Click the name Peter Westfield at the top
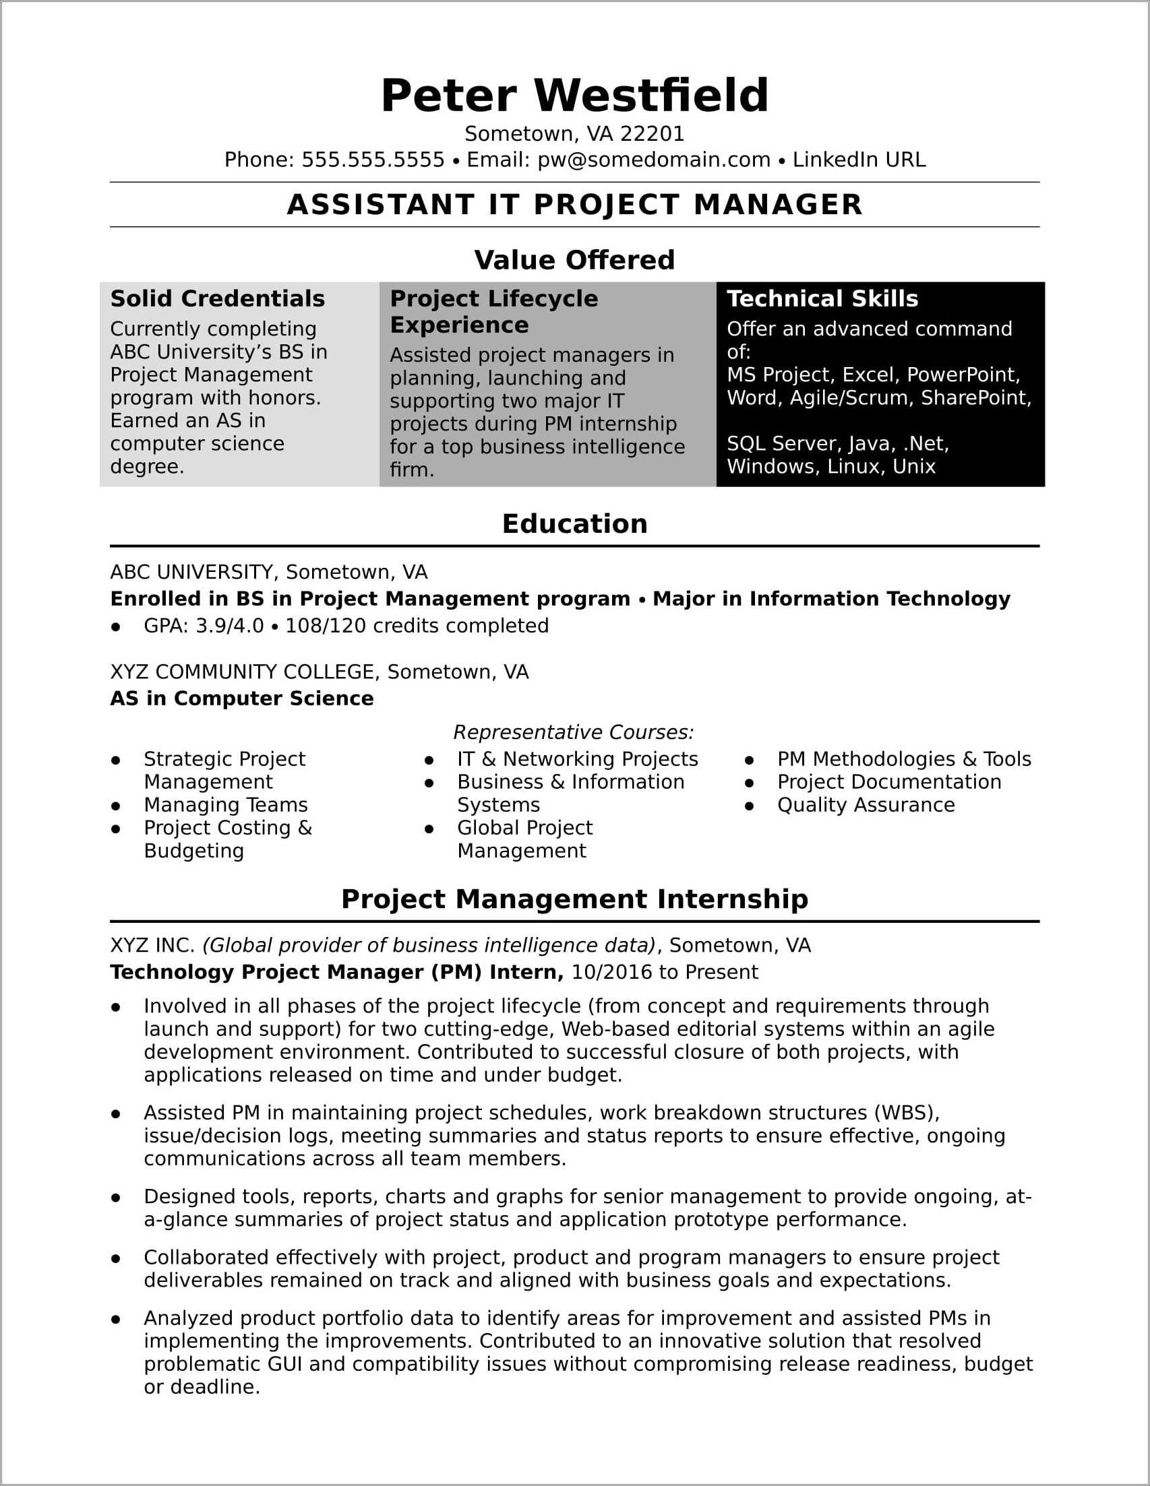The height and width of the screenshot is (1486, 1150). coord(574,95)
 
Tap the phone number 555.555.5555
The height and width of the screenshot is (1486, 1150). coord(373,160)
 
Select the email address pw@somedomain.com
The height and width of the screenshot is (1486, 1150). coord(654,160)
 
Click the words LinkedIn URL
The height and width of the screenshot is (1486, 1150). coord(859,160)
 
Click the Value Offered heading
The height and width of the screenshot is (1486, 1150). coord(574,260)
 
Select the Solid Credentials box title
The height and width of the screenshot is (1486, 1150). coord(217,298)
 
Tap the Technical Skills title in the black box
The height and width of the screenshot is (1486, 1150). coord(822,298)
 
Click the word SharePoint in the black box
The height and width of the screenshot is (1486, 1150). coord(974,398)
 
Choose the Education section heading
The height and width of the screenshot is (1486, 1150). coord(574,524)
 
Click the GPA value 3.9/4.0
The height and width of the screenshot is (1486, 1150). coord(229,626)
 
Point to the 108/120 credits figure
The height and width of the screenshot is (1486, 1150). coord(326,626)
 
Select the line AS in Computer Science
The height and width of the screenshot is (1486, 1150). coord(242,699)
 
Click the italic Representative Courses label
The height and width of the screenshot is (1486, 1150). coord(573,733)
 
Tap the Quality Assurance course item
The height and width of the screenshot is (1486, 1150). coord(866,806)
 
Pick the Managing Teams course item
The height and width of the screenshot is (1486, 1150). coord(225,806)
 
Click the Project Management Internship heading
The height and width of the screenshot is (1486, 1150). coord(574,899)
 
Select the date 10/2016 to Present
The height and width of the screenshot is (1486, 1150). coord(664,972)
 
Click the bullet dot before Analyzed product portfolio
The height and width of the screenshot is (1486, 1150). coord(116,1320)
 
